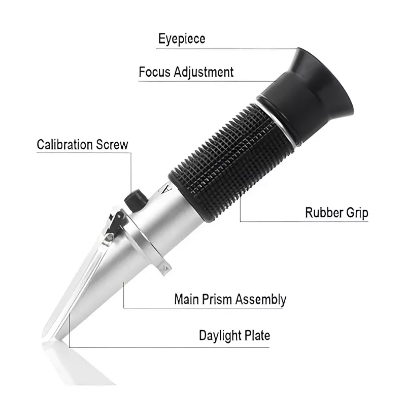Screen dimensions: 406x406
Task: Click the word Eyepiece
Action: [x=182, y=39]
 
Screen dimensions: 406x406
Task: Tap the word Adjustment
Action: [x=204, y=72]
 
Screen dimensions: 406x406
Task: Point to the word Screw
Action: [x=113, y=144]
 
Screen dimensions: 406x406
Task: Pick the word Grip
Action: [x=357, y=213]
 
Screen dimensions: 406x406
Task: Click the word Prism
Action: [x=217, y=299]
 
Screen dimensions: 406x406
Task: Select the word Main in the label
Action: [x=185, y=299]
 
